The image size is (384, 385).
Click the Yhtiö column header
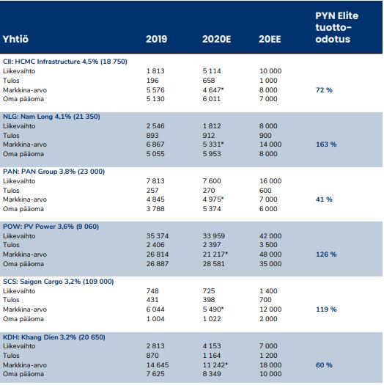[x=15, y=39]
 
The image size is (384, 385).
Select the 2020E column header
[x=216, y=39]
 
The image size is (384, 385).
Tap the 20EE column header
[x=270, y=39]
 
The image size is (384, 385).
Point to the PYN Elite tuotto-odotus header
[x=336, y=27]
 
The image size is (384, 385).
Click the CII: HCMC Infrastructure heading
[x=65, y=62]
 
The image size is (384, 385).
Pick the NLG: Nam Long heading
[x=51, y=117]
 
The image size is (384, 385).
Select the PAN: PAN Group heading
[x=53, y=172]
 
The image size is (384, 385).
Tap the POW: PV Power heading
[x=51, y=227]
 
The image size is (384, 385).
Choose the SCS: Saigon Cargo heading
[x=59, y=282]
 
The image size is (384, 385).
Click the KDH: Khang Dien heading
[x=54, y=337]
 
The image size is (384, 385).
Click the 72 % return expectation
[x=324, y=90]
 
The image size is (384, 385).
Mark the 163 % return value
[x=326, y=144]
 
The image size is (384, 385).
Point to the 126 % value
[x=326, y=254]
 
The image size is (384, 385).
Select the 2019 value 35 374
[x=158, y=236]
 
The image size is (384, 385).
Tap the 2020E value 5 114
[x=212, y=71]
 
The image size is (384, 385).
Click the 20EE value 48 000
[x=270, y=254]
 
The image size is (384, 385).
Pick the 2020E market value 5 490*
[x=213, y=309]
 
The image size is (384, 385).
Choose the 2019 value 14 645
[x=158, y=365]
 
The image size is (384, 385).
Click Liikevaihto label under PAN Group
[x=19, y=181]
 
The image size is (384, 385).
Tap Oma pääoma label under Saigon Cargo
[x=23, y=319]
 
